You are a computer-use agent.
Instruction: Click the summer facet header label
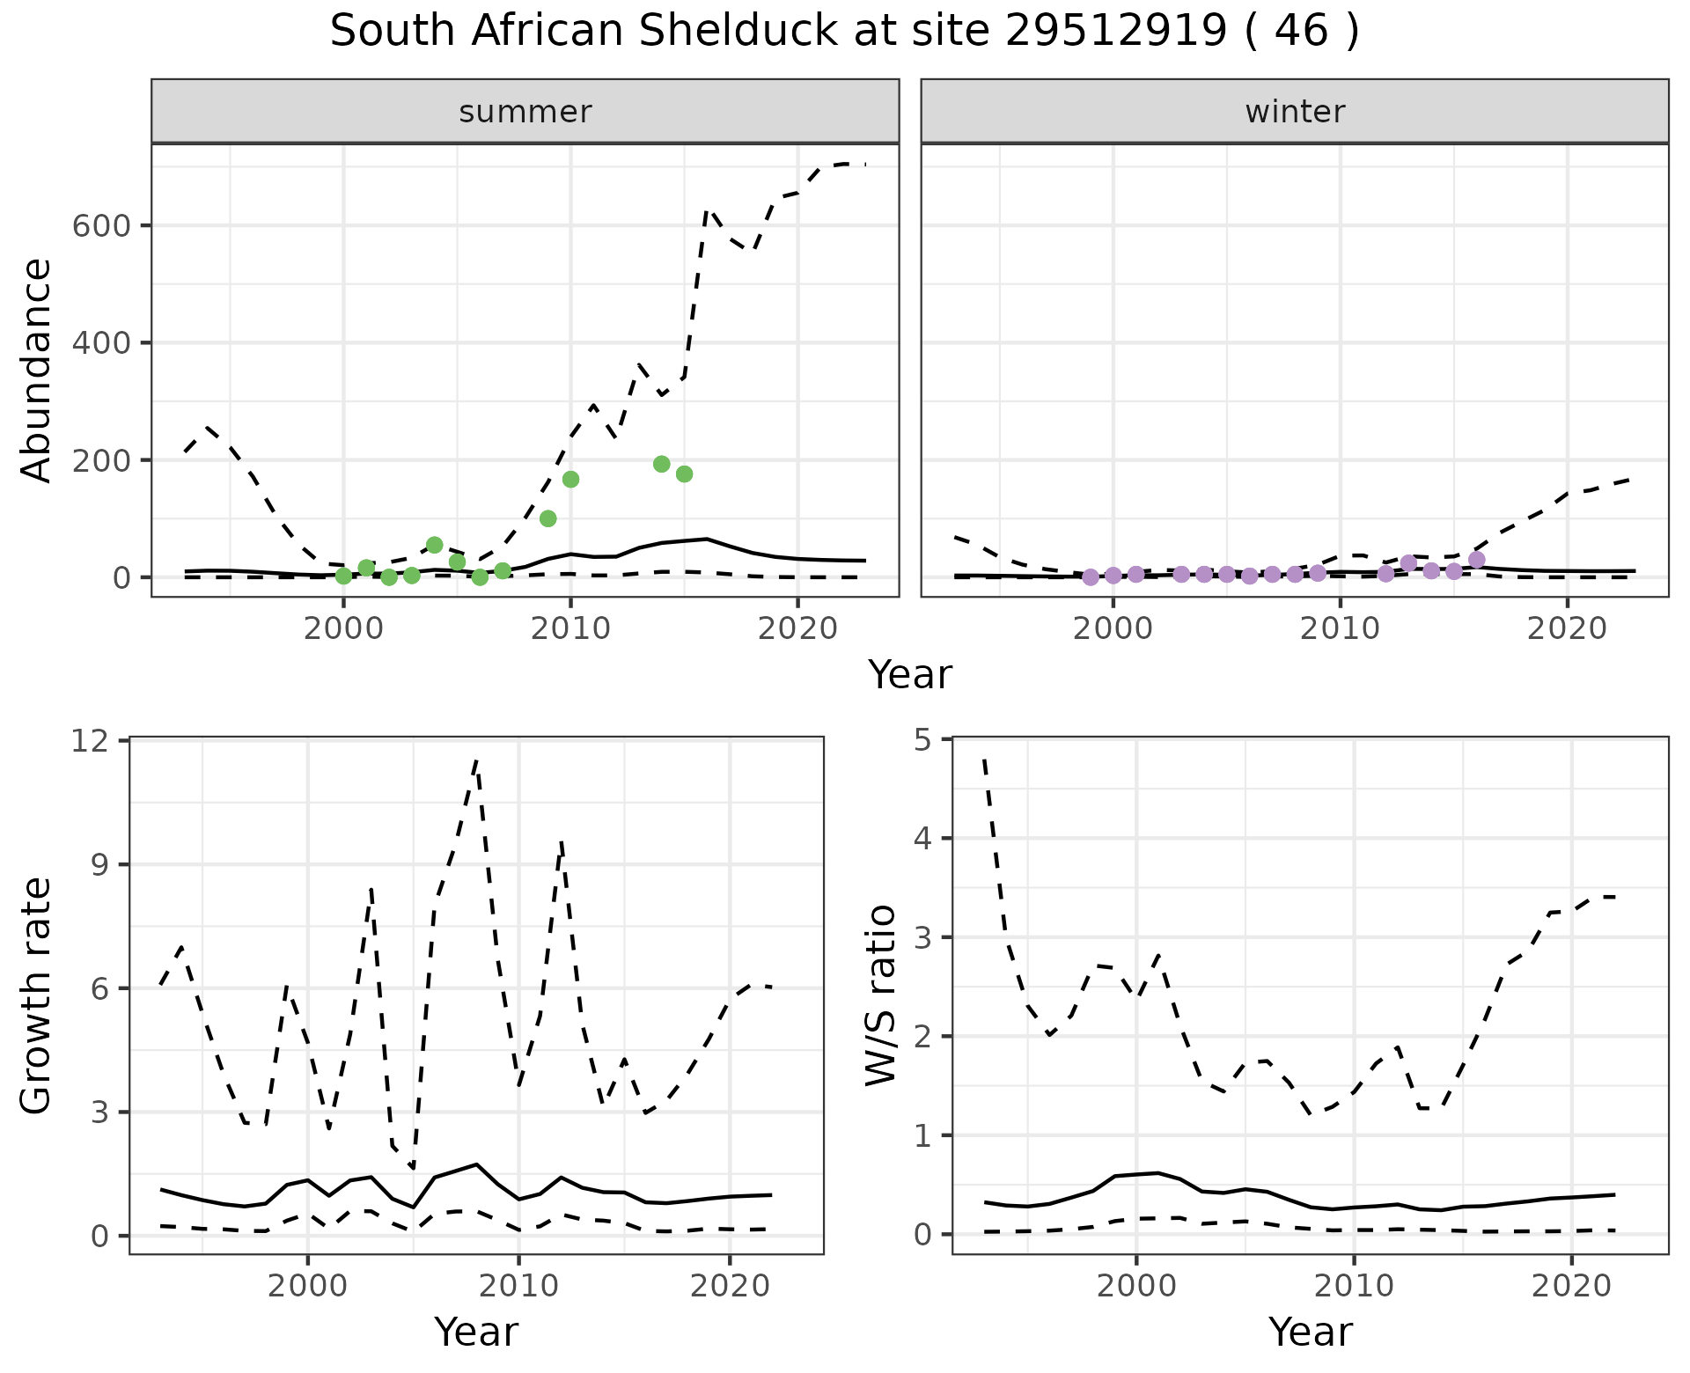tap(525, 112)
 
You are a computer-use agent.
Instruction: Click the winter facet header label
tap(1295, 112)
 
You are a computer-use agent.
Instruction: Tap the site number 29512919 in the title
tap(1114, 32)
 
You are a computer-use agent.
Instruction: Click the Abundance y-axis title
tap(36, 371)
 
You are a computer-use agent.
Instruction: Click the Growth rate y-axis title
tap(36, 996)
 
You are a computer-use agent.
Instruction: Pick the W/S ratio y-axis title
tap(880, 996)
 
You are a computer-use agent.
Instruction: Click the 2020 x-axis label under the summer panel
tap(797, 629)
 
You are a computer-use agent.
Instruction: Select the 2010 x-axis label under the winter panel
tap(1340, 629)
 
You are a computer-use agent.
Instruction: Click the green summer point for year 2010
tap(570, 479)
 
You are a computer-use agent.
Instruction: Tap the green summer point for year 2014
tap(662, 464)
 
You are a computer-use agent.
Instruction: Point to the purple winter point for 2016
tap(1477, 560)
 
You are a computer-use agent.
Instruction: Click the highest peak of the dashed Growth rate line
tap(476, 760)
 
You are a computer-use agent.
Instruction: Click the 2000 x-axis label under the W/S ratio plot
tap(1136, 1286)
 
